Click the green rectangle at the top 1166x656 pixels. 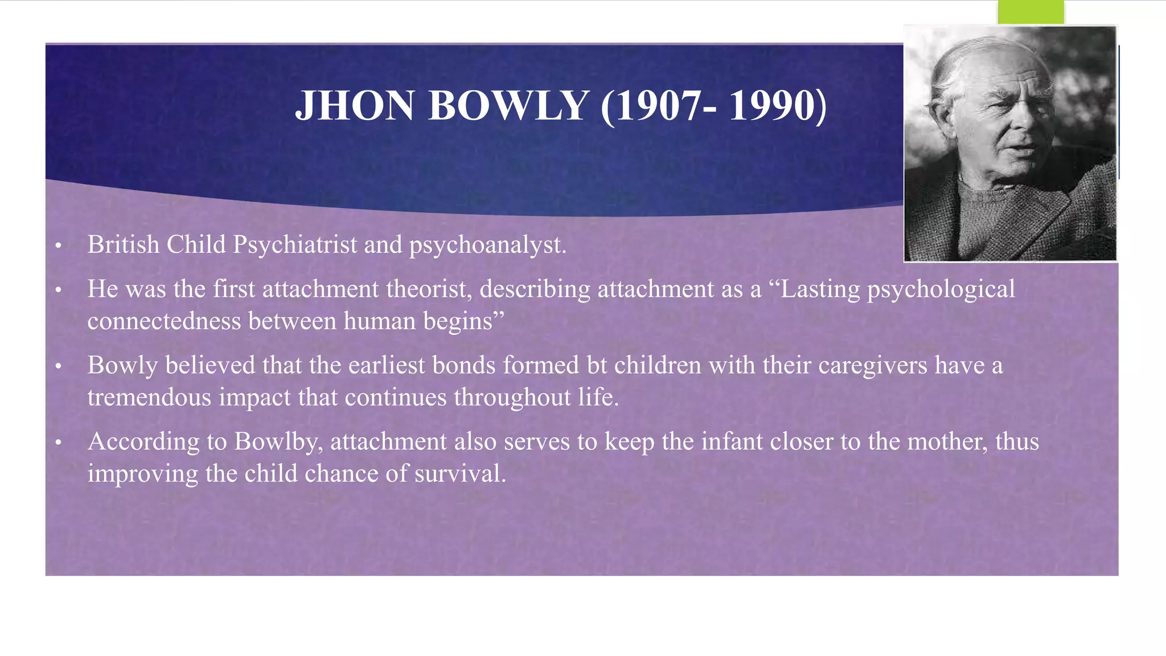tap(1030, 11)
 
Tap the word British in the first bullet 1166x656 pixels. tap(124, 245)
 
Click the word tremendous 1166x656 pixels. tap(149, 397)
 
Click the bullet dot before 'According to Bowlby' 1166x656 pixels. tap(58, 442)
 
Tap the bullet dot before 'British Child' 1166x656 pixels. tap(58, 246)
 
